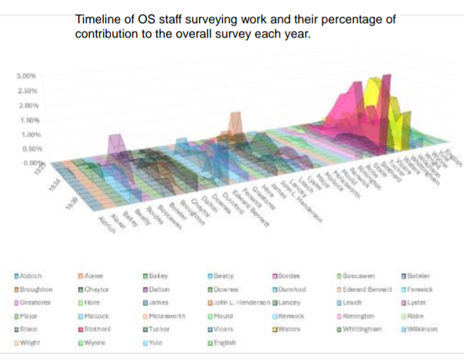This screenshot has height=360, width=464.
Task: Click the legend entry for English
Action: (x=223, y=342)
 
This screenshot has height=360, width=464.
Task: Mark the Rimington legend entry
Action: (x=358, y=316)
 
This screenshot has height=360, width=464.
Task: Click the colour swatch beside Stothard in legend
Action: (x=80, y=328)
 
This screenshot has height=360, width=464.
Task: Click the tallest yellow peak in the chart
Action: (x=375, y=78)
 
